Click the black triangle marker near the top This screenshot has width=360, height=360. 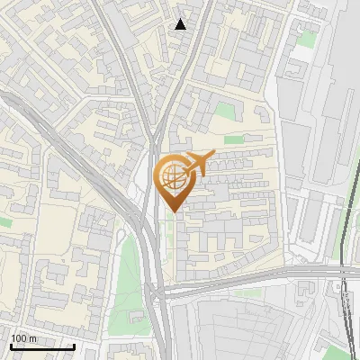pos(181,23)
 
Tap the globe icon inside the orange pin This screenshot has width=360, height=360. pos(172,176)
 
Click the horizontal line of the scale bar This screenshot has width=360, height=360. pos(41,346)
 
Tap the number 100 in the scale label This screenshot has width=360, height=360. pos(19,338)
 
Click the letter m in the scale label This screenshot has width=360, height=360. pos(32,338)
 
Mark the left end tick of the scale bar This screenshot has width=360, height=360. pos(10,346)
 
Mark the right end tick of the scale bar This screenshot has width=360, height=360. pos(74,346)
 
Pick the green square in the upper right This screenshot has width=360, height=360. pos(308,40)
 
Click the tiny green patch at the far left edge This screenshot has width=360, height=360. pos(4,220)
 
